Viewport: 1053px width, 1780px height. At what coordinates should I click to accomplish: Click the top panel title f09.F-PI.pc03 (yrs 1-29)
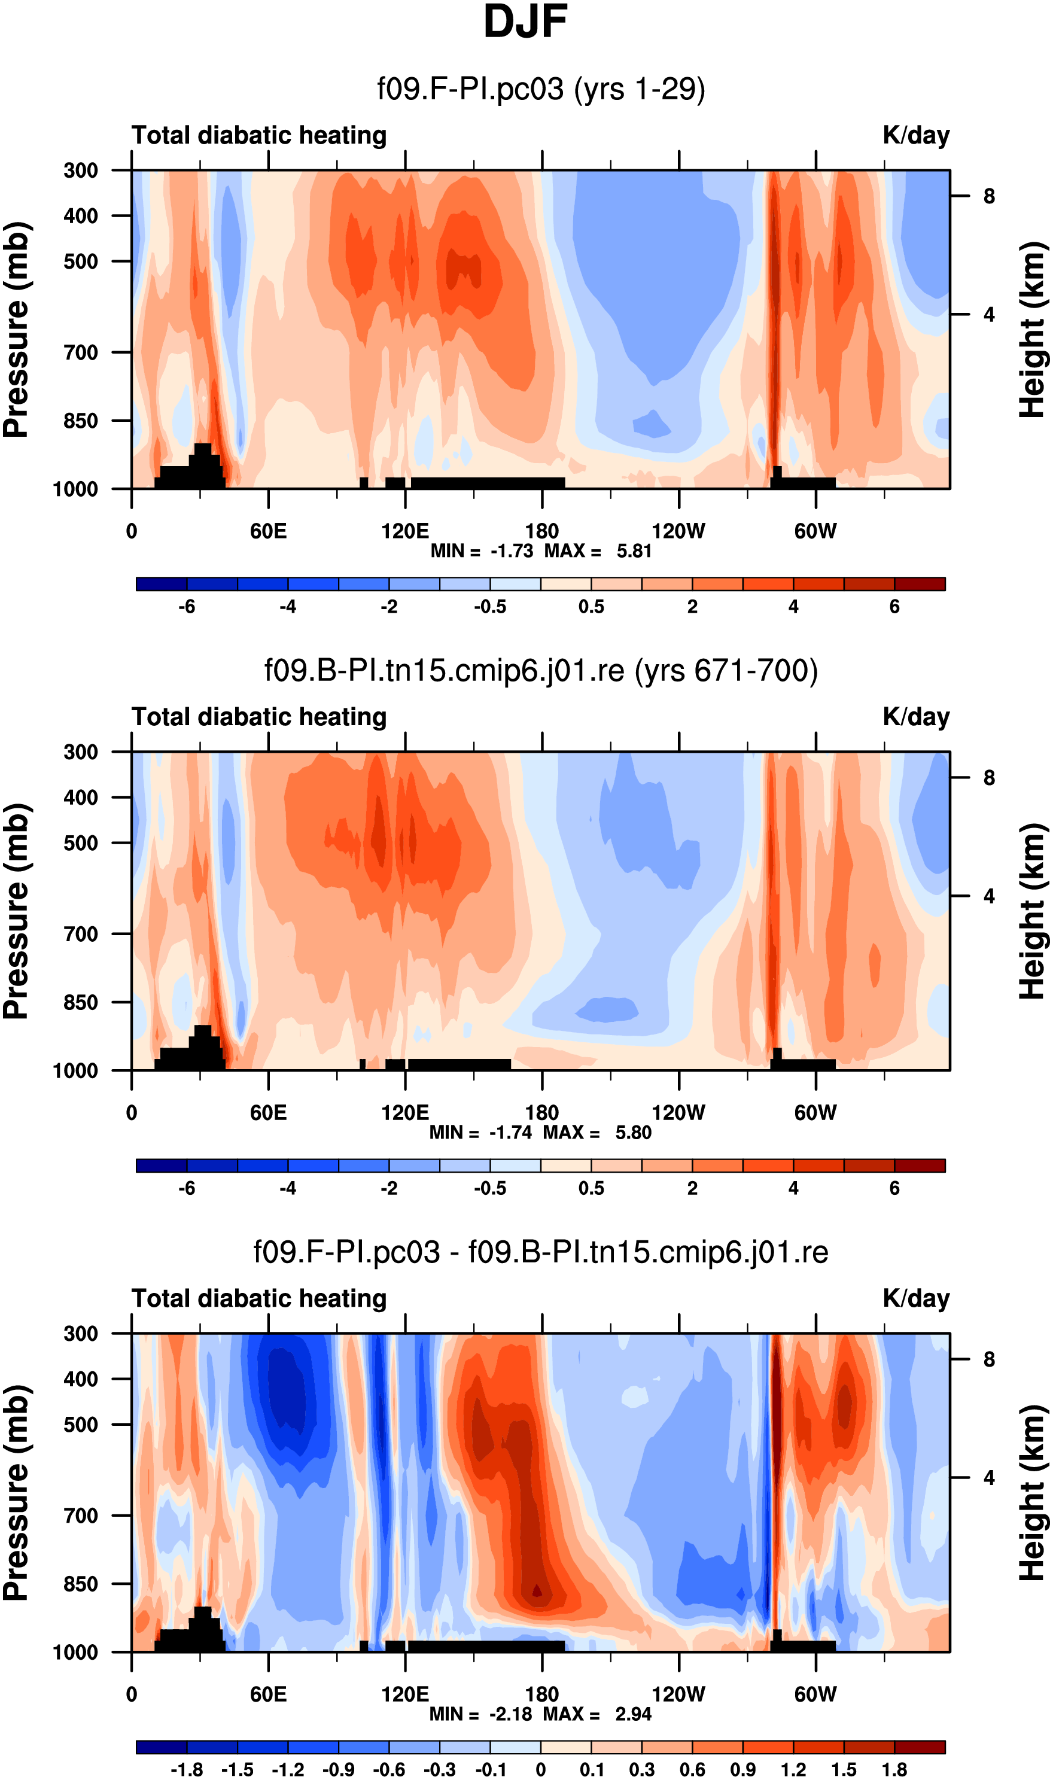(x=541, y=89)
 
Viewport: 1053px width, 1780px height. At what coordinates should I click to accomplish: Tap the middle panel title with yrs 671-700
(x=541, y=671)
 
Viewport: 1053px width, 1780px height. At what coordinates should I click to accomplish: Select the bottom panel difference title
(x=541, y=1252)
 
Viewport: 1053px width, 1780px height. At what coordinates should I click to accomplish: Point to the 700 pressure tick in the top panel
(x=81, y=352)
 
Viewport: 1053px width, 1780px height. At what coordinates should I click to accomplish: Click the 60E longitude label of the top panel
(x=268, y=531)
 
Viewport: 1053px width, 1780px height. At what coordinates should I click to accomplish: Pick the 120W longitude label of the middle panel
(x=678, y=1112)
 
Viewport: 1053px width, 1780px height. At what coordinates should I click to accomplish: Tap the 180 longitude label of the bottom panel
(x=542, y=1694)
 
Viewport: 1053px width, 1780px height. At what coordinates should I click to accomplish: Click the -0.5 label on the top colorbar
(x=491, y=607)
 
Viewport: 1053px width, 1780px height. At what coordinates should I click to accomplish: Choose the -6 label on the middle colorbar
(x=187, y=1188)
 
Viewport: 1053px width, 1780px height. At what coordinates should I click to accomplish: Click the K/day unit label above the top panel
(x=916, y=135)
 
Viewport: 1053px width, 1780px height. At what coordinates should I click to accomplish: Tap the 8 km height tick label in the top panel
(x=989, y=196)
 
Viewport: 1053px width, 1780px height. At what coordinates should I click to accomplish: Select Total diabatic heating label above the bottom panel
(x=259, y=1298)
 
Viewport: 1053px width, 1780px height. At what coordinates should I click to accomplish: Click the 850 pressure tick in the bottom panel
(x=81, y=1584)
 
